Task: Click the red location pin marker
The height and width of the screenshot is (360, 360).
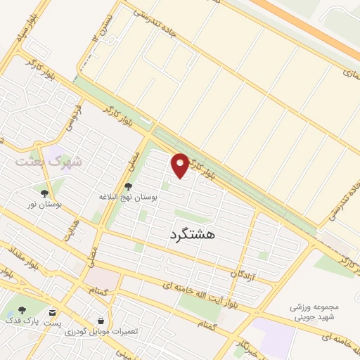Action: [x=181, y=165]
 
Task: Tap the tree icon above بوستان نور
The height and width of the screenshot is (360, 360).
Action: [x=44, y=193]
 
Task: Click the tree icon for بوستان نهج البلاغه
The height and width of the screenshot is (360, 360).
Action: [x=128, y=187]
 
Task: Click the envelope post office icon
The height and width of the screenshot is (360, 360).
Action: [x=53, y=310]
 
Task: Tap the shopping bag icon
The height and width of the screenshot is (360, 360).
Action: [x=101, y=320]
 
